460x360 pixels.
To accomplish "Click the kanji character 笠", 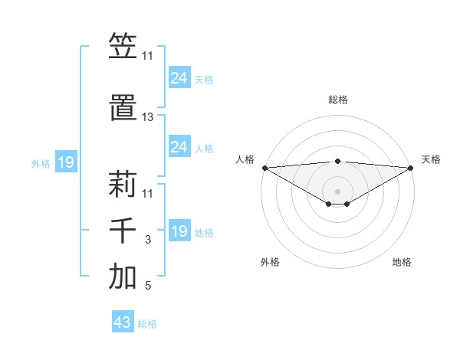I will [123, 47].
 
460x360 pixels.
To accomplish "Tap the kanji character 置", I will [123, 110].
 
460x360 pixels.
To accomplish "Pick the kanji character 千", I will [123, 232].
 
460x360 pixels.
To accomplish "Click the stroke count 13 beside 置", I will [147, 117].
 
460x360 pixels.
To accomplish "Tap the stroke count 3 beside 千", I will [147, 240].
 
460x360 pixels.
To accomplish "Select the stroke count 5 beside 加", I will [147, 286].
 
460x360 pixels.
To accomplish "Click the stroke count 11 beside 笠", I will [147, 56].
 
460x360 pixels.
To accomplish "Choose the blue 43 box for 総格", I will [123, 322].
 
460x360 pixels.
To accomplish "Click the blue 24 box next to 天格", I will [179, 77].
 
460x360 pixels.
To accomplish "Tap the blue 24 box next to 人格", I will [179, 147].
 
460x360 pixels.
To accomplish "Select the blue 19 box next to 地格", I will [179, 231].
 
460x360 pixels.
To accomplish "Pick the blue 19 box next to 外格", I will [65, 162].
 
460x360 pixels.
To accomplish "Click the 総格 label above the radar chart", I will [337, 100].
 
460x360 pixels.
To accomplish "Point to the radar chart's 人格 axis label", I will [245, 159].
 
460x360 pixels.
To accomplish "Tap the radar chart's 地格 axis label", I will [402, 263].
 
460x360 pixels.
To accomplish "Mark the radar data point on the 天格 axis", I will [411, 168].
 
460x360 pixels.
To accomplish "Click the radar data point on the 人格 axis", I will [264, 168].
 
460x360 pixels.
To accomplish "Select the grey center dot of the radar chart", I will [337, 191].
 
